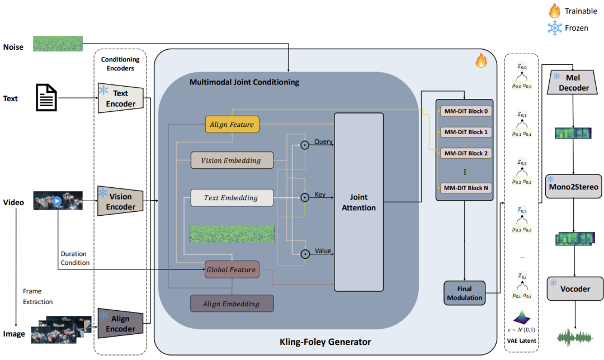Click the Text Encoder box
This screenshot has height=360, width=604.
pos(120,98)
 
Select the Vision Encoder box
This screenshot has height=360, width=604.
pos(120,202)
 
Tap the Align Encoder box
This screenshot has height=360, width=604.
pos(120,323)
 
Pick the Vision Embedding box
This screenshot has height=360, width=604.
pos(232,160)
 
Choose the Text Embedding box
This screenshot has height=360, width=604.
pos(232,197)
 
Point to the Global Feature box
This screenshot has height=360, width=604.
pos(232,269)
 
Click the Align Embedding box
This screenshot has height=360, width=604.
pos(232,304)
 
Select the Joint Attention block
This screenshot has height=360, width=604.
pos(358,202)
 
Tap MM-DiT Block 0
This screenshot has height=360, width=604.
pos(464,111)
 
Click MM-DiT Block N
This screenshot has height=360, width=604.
pos(464,188)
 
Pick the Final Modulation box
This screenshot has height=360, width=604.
pos(464,293)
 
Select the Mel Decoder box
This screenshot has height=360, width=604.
pos(573,83)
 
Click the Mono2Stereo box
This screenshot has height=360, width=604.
pos(573,186)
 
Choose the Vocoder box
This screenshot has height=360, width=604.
pos(573,289)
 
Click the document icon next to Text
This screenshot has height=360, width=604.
pos(46,98)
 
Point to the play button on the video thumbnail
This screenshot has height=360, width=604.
pos(58,201)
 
